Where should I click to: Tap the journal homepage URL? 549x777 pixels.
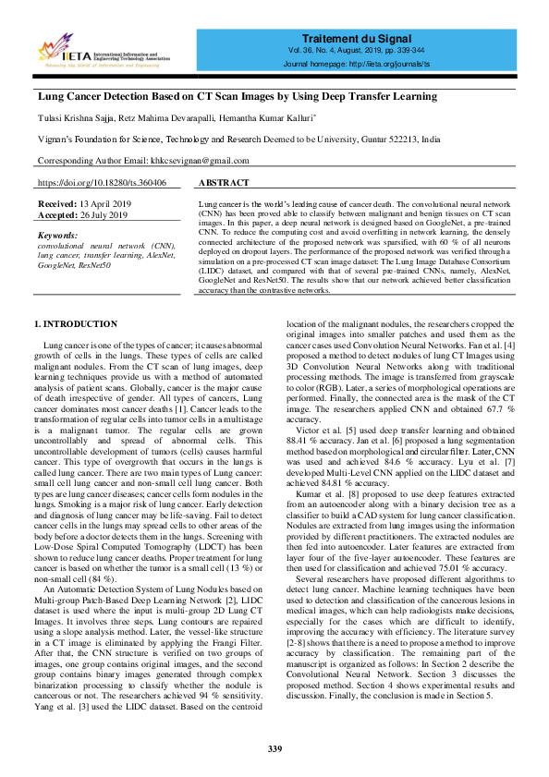tap(397, 65)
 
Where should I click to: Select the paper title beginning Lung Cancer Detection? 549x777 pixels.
tap(237, 96)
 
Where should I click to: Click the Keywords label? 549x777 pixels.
tap(58, 236)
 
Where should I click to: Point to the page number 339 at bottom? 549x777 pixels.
tap(274, 748)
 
